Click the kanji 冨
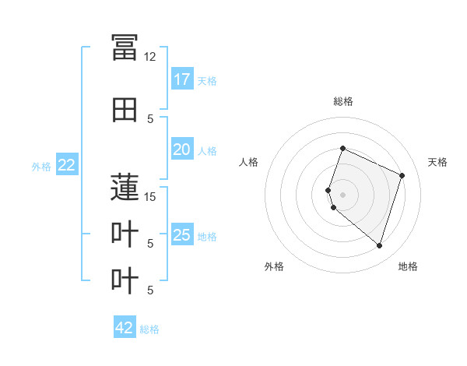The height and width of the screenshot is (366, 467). (125, 48)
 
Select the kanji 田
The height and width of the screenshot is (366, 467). (125, 110)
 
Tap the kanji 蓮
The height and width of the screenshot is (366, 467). (125, 187)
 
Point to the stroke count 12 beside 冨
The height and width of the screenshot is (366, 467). (149, 57)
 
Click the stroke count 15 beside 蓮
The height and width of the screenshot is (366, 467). (149, 197)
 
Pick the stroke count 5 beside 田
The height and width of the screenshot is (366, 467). (150, 119)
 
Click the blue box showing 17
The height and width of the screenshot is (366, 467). (182, 79)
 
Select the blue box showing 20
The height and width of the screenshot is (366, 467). (182, 149)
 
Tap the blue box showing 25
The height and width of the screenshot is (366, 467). (182, 234)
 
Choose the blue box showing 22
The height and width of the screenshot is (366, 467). (67, 164)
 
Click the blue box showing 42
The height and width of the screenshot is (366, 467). (125, 326)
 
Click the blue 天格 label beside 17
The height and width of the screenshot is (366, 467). (207, 81)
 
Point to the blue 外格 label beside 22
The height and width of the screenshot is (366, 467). (41, 167)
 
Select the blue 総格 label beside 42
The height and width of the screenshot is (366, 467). (149, 329)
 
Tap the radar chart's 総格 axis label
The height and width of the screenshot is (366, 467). (343, 101)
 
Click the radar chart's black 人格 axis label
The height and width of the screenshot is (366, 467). (248, 162)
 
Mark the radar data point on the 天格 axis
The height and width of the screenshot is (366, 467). (402, 175)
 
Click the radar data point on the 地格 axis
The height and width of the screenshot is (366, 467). (379, 246)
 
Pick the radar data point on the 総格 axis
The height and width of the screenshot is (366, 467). (342, 148)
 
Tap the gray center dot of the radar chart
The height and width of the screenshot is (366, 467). (342, 195)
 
